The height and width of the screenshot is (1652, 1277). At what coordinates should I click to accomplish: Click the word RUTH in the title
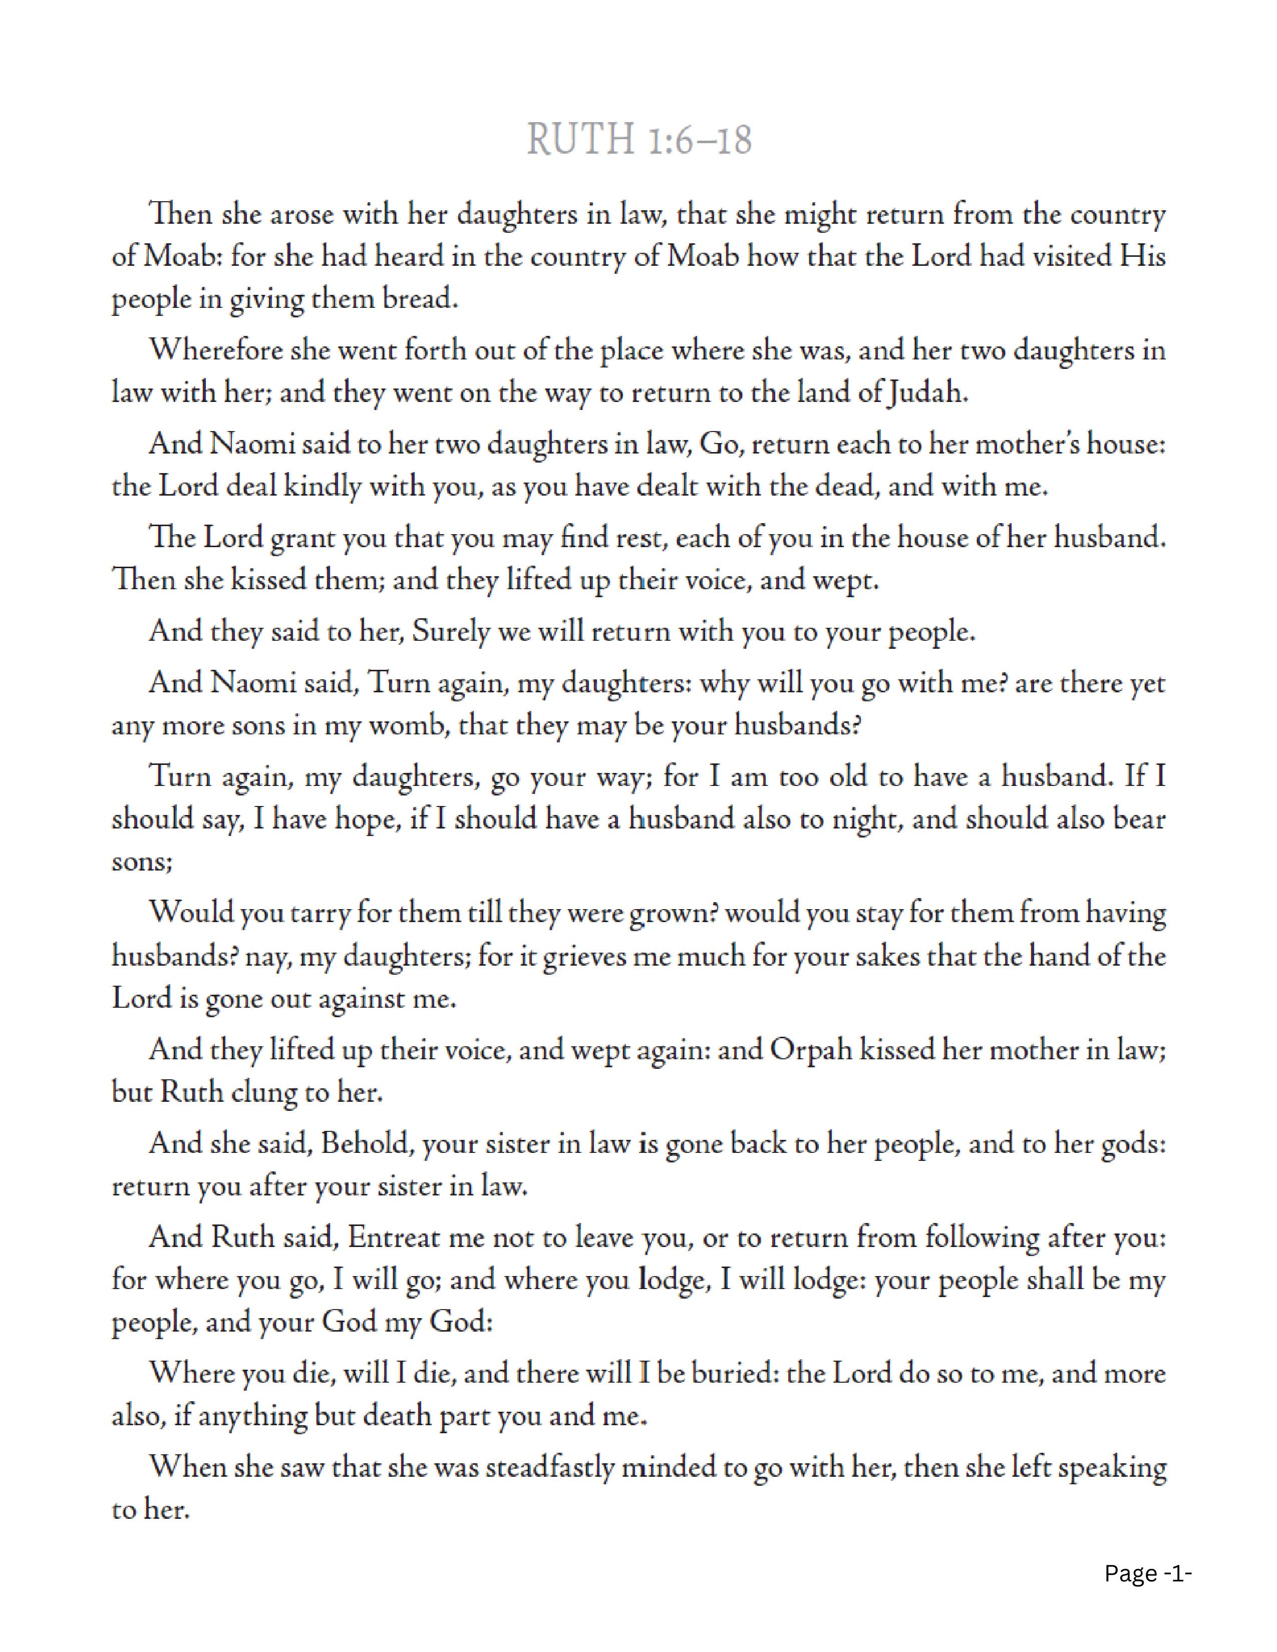pos(580,140)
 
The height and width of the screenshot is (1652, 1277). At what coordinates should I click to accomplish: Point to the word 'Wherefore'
pos(215,350)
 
